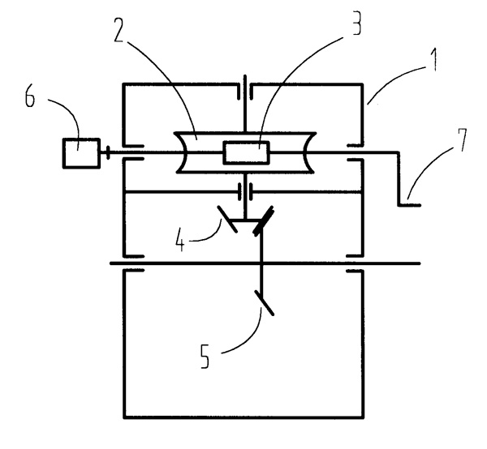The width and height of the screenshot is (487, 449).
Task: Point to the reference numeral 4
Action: (180, 240)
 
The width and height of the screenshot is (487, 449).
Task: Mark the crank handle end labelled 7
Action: (410, 205)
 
